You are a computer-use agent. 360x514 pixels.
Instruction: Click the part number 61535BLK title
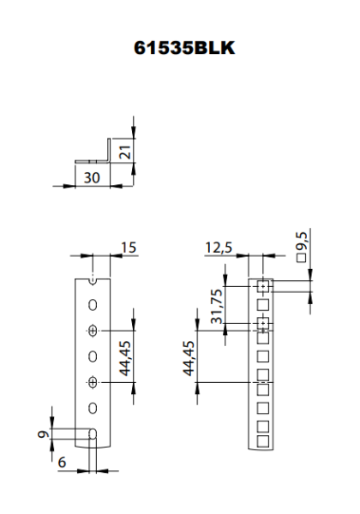pos(184,48)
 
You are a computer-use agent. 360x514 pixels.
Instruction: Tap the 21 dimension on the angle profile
pos(126,152)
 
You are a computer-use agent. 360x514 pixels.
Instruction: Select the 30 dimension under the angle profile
pos(92,177)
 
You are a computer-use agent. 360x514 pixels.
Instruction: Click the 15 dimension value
pos(129,248)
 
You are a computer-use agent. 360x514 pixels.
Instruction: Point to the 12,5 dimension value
pos(219,248)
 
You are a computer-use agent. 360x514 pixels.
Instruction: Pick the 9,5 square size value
pos(302,241)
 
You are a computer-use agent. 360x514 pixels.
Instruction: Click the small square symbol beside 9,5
pos(302,258)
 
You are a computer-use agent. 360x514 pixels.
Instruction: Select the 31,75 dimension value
pos(217,306)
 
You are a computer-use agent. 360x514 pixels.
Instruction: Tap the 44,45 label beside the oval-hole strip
pos(125,358)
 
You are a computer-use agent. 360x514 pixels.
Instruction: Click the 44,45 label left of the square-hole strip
pos(189,358)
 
